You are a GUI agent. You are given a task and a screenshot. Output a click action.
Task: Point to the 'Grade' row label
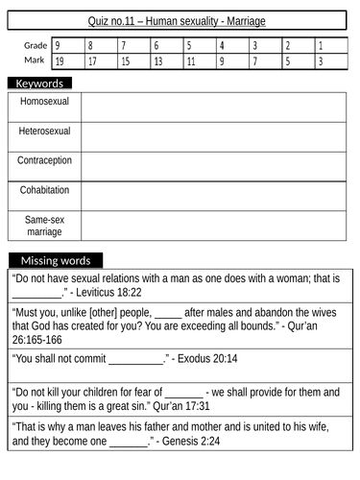point(35,45)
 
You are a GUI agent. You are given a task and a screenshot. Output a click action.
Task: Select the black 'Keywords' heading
point(40,84)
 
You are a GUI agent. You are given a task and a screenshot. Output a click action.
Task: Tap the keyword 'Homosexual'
point(45,101)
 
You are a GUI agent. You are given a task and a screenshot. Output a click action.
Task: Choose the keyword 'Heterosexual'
point(45,131)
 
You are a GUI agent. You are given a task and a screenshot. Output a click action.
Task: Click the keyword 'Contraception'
point(45,160)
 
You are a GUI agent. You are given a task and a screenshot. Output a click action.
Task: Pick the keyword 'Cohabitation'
point(45,190)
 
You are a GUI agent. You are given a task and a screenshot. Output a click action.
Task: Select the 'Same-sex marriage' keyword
point(45,226)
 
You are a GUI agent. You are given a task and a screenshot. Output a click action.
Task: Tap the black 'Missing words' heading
point(56,260)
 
